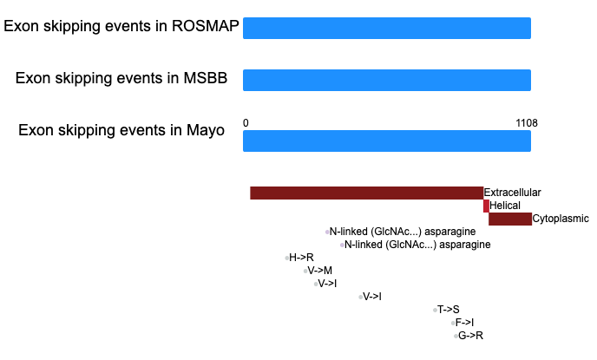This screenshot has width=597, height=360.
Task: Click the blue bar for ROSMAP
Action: coord(387,28)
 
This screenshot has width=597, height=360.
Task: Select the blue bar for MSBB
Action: coord(387,81)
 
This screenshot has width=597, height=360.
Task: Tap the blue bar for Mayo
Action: coord(387,141)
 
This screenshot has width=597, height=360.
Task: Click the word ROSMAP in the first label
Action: coord(205,26)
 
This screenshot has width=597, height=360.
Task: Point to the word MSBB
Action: coord(205,78)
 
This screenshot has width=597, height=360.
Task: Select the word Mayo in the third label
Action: coord(205,130)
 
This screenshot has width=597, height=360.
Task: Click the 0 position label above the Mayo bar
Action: coord(246,123)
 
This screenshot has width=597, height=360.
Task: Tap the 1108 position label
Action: coord(527,123)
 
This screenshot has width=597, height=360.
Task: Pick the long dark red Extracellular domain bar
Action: coord(367,193)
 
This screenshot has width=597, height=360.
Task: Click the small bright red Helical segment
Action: coord(486,206)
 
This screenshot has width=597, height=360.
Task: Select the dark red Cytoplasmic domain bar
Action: coord(510,219)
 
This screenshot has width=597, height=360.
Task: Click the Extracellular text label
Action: coord(512,193)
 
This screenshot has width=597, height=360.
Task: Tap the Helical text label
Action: coord(505,206)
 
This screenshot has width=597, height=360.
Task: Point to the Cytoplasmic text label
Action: coord(561,219)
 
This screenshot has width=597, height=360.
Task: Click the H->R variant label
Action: coord(301,258)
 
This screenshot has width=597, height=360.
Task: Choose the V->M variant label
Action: coord(320,271)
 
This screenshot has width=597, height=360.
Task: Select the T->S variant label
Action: coord(448,310)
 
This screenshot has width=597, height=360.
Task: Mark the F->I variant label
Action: coord(464,323)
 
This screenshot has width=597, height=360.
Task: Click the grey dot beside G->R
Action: coord(456,336)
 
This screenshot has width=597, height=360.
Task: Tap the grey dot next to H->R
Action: coord(286,258)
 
